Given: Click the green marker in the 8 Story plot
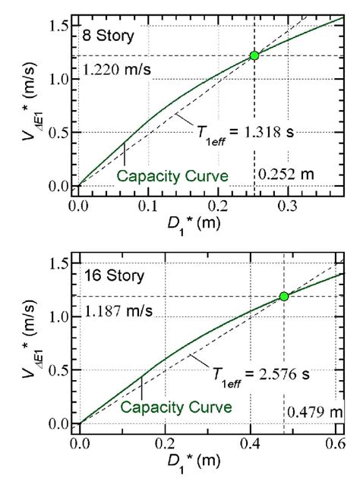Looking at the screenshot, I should (x=254, y=55).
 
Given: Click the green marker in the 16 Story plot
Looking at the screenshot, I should (x=284, y=296).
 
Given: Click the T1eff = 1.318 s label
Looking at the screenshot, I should (x=237, y=131).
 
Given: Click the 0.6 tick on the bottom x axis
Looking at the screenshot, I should (x=334, y=443).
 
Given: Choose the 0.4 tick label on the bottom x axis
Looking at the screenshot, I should (x=249, y=443).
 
